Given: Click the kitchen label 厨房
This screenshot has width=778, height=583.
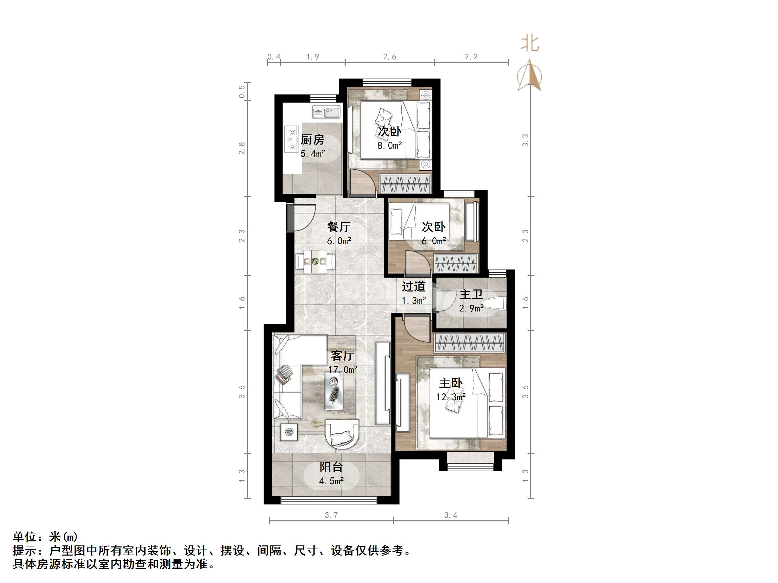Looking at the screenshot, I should click(312, 140).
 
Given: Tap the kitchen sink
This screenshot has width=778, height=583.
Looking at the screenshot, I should click(326, 112).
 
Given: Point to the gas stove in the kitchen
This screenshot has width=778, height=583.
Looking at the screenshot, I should click(291, 139).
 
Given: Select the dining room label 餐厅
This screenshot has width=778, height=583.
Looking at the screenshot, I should click(339, 226).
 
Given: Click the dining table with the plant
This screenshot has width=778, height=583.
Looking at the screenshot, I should click(315, 261).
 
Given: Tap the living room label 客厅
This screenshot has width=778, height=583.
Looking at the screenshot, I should click(342, 355).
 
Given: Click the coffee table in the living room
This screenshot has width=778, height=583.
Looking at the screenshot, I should click(333, 391).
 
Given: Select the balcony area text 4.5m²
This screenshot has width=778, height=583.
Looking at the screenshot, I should click(331, 481).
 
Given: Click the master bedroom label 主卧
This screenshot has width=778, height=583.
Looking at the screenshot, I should click(451, 383).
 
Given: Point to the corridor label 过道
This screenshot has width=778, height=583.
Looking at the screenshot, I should click(414, 286).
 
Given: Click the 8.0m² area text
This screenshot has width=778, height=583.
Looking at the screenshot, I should click(389, 146).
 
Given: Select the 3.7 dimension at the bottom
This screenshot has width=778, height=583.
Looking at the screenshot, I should click(331, 515).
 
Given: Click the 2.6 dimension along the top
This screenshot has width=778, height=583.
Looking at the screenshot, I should click(389, 57).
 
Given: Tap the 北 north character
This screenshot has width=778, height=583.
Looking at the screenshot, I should click(530, 44).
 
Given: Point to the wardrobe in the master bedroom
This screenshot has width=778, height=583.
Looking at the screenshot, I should click(470, 343).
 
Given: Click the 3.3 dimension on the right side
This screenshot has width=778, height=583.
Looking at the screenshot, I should click(525, 141).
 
